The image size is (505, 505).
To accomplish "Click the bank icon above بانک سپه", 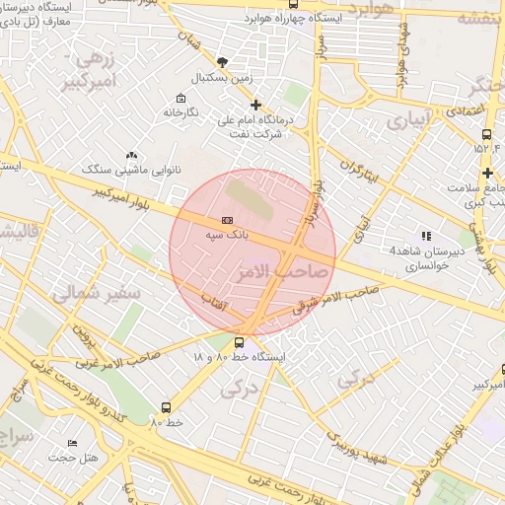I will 228,220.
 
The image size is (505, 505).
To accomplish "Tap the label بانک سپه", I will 228,236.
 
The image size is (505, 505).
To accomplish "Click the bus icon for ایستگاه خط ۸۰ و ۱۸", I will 240,343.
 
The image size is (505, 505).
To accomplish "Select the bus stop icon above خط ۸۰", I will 166,407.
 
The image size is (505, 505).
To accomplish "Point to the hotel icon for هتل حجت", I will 71,444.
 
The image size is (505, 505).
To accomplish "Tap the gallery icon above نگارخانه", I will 180,98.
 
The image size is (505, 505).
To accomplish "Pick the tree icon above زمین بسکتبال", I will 222,61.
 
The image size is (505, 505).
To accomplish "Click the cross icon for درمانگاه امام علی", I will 256,104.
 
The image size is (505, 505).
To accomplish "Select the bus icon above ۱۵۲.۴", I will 486,135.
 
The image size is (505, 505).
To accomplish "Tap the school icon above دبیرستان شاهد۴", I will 425,236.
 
